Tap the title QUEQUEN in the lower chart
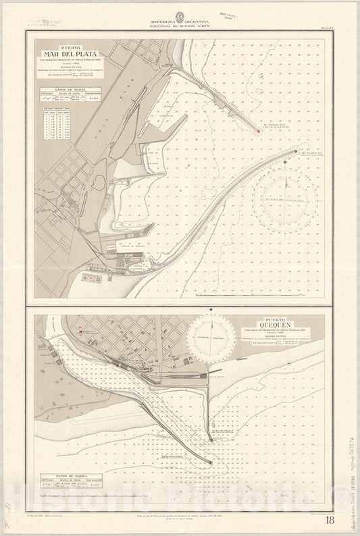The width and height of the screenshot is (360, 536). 272,323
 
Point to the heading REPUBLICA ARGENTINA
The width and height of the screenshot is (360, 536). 180,22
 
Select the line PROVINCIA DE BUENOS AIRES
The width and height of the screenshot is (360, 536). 180,27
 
